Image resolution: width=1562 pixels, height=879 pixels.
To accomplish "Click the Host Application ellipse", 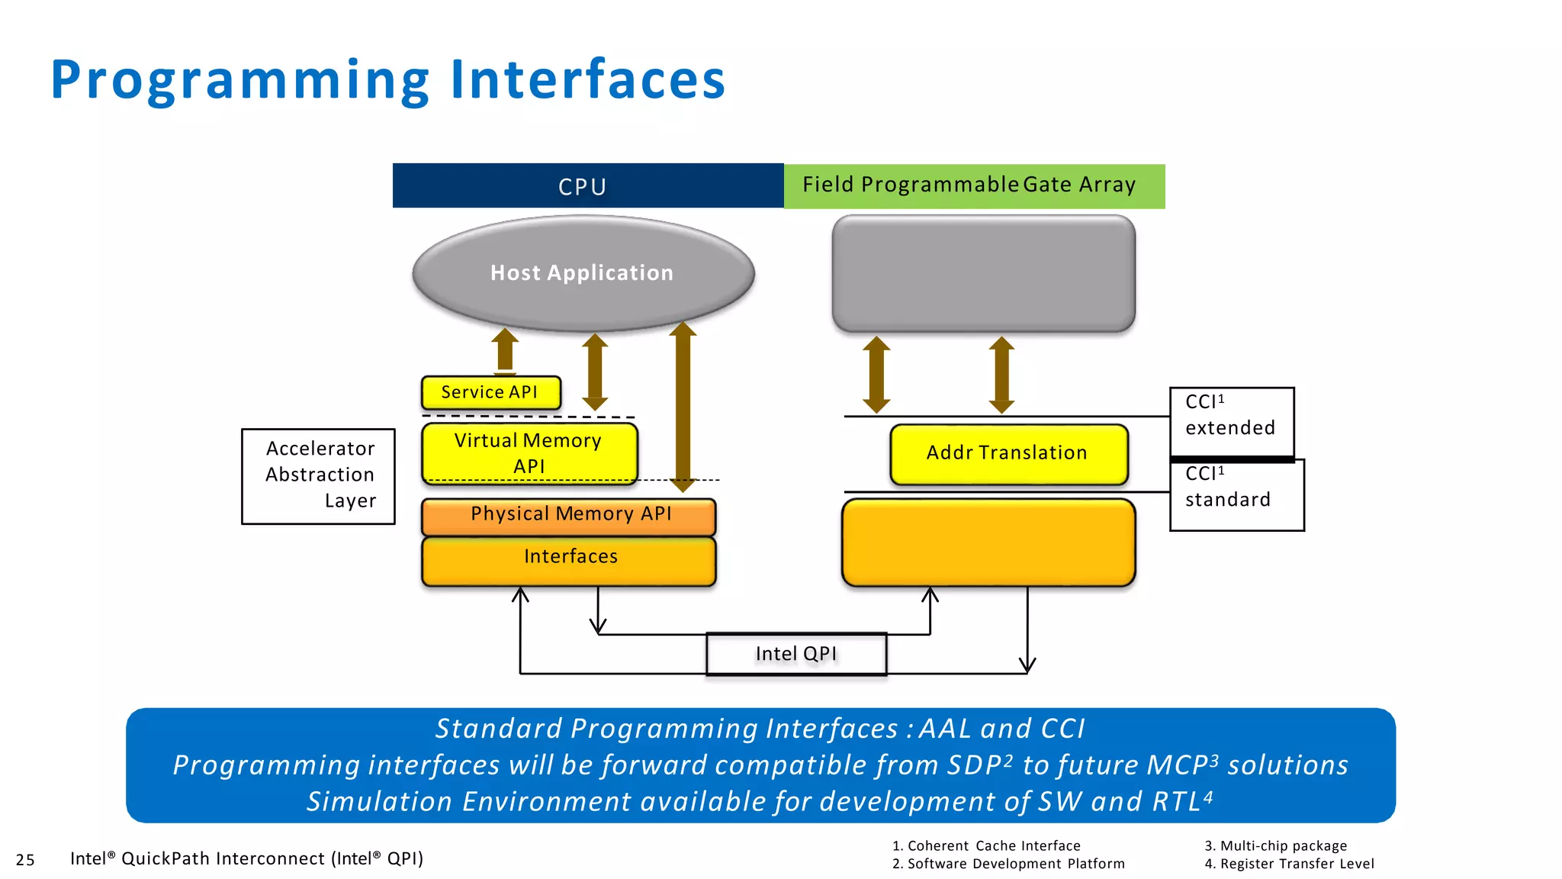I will point(583,272).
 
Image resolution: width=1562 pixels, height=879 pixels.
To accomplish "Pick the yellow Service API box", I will point(490,392).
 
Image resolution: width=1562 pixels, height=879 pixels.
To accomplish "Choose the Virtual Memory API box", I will point(529,452).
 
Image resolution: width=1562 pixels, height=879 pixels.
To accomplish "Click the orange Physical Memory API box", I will point(569,515).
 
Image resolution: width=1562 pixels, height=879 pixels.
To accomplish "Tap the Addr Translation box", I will point(1008,453).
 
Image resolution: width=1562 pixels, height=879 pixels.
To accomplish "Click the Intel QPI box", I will point(795,654).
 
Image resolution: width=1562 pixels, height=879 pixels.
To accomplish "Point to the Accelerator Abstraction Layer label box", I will point(319,475).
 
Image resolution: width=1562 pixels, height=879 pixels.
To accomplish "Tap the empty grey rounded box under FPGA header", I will point(983,272).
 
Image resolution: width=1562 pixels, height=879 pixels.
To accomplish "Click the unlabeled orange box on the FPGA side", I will point(988,543).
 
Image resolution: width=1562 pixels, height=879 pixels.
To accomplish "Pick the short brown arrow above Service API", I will point(504,350).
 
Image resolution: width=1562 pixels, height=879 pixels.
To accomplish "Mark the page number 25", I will point(25,860).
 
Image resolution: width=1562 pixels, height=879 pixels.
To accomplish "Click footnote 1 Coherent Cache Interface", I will point(986,845).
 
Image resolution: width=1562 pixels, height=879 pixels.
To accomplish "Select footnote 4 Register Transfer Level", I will point(1289,864).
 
